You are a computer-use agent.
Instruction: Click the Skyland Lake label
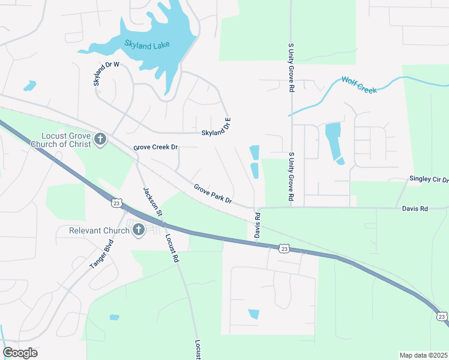(147, 44)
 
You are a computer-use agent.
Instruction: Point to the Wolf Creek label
(359, 84)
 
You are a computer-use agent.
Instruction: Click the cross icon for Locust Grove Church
(100, 140)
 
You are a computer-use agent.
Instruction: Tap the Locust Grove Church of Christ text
(66, 140)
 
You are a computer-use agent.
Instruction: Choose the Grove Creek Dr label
(155, 147)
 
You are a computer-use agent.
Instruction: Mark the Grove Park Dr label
(212, 193)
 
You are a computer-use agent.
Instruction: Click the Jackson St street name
(153, 202)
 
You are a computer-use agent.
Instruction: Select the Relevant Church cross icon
(139, 230)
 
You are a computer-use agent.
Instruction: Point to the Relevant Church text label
(99, 230)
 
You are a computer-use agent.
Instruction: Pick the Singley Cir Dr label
(429, 179)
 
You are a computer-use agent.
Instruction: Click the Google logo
(20, 353)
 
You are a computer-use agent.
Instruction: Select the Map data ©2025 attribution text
(423, 355)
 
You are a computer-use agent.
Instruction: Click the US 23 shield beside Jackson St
(116, 203)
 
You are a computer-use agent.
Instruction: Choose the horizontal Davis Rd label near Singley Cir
(415, 209)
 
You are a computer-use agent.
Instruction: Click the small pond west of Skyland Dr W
(29, 86)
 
